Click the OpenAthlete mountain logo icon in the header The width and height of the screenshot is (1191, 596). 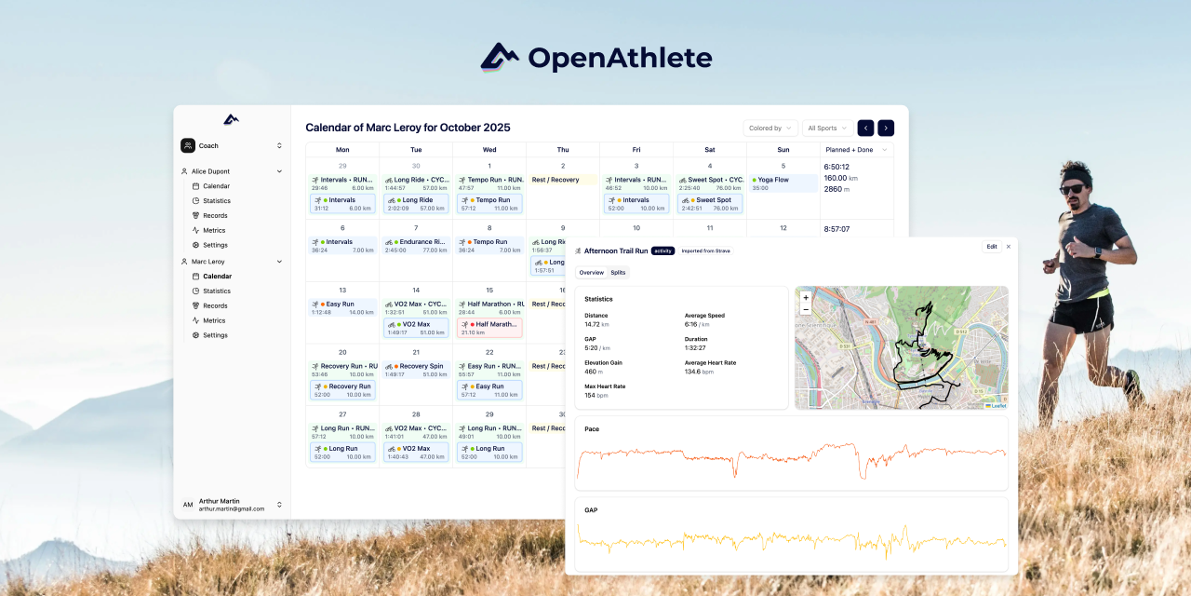point(500,58)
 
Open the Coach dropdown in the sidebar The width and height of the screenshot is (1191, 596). point(231,145)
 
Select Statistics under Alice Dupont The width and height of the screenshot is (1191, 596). point(216,201)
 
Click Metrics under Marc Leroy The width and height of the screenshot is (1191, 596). point(214,320)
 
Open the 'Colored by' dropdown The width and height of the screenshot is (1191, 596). point(770,129)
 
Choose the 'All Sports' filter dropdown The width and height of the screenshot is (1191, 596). point(827,129)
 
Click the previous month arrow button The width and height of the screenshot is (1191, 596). point(865,129)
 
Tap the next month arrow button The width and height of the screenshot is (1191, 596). point(886,129)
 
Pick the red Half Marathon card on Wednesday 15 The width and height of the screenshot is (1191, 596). point(489,328)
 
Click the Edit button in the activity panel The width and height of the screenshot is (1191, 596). point(992,247)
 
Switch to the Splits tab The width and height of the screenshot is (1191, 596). point(618,273)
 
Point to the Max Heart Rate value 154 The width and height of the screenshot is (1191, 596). point(590,395)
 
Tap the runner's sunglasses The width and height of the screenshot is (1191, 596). point(1072,189)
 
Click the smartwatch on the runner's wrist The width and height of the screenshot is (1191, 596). point(1099,251)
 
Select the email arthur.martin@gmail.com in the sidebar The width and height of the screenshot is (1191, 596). point(232,509)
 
